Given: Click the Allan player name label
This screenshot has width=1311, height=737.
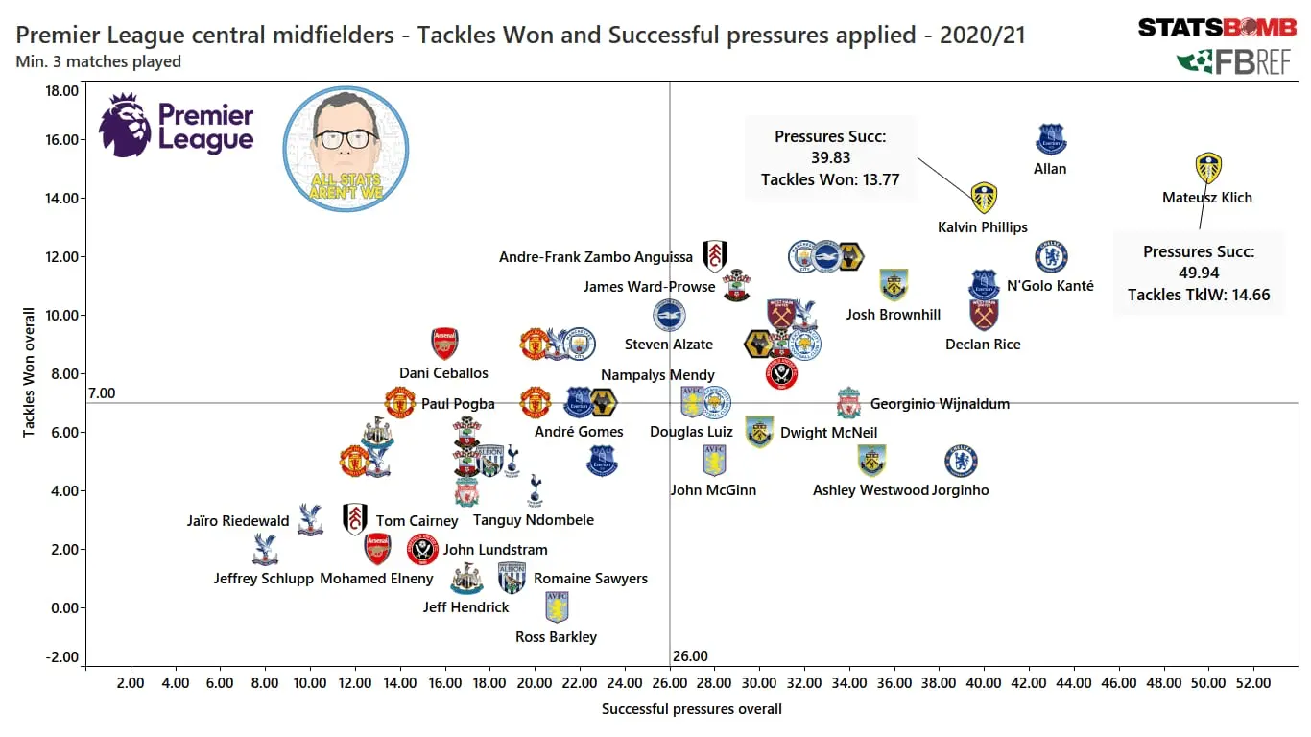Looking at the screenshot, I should pos(1050,169).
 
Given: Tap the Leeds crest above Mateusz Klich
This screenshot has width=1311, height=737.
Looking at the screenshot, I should pos(1208,168).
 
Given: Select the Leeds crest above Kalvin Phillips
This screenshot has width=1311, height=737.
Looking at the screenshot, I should pos(984,198).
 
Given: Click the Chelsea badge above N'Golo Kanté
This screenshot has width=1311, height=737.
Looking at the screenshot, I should pos(1052,256).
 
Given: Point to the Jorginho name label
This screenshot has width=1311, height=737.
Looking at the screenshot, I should pos(960,490).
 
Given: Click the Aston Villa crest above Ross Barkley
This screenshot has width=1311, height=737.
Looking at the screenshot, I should pos(557,606).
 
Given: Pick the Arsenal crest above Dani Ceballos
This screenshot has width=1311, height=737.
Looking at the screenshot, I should pos(444,344).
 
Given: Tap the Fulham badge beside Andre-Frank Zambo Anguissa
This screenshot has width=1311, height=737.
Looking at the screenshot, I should pos(714,255).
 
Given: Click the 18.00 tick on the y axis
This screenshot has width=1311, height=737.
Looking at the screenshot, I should pos(62,91).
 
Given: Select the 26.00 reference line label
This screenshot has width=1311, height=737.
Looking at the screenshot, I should pos(690,656).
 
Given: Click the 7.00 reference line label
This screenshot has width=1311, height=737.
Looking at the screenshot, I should pos(101,393).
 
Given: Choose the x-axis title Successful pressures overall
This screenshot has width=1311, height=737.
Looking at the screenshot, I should pos(691,709).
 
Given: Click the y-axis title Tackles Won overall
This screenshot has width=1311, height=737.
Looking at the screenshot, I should pos(29,372).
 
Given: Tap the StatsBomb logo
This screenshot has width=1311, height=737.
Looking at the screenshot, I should pos(1216,28).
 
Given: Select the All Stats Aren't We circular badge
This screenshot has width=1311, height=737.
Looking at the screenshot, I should pos(346,149).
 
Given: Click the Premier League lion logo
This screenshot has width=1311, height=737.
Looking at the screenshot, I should pos(126,125).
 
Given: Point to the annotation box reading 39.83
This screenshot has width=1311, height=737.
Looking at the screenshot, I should pos(830,157).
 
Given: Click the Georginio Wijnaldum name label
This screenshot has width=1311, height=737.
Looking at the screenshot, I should pos(940,404).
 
